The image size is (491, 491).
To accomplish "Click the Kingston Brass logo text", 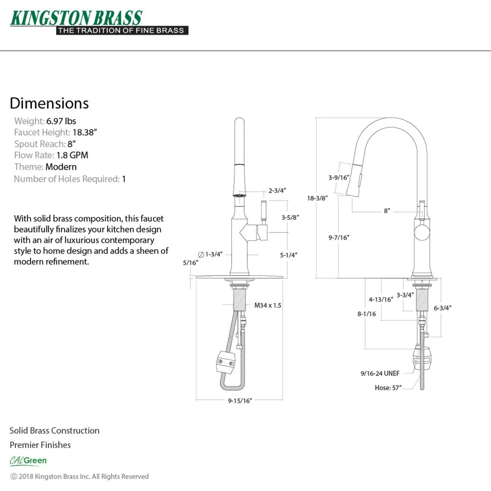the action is tap(76, 18).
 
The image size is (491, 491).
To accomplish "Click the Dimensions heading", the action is tap(49, 103).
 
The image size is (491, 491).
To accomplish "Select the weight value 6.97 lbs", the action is tap(61, 121).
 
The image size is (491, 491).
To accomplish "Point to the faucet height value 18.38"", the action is tap(85, 132).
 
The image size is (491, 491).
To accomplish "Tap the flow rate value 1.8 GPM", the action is tap(72, 155).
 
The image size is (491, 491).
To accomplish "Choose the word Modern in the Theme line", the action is tap(61, 167).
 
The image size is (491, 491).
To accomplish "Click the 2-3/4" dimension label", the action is tap(277, 191).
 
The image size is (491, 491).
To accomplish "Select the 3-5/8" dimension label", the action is tap(290, 217).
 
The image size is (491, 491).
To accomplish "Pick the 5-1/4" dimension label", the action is tap(289, 255).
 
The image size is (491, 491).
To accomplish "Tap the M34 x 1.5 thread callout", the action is tap(268, 305).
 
